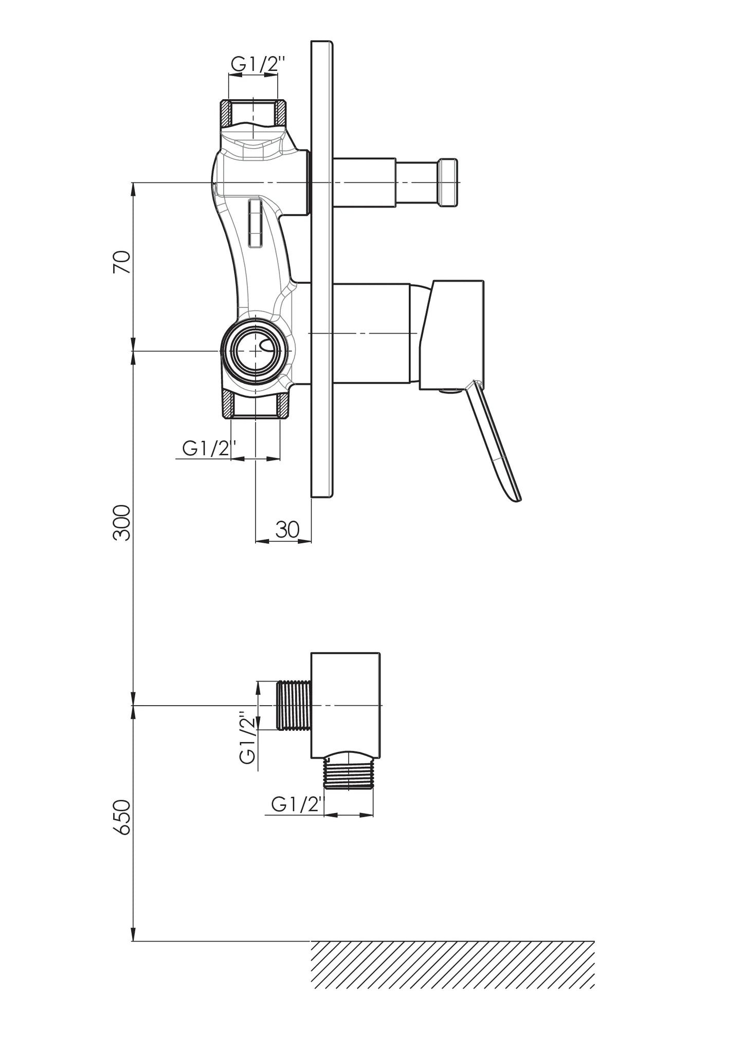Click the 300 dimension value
[122, 522]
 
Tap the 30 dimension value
[287, 529]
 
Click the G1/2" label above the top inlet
[258, 64]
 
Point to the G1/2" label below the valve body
[210, 449]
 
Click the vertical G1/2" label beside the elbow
[248, 738]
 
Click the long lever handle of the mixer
[492, 440]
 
